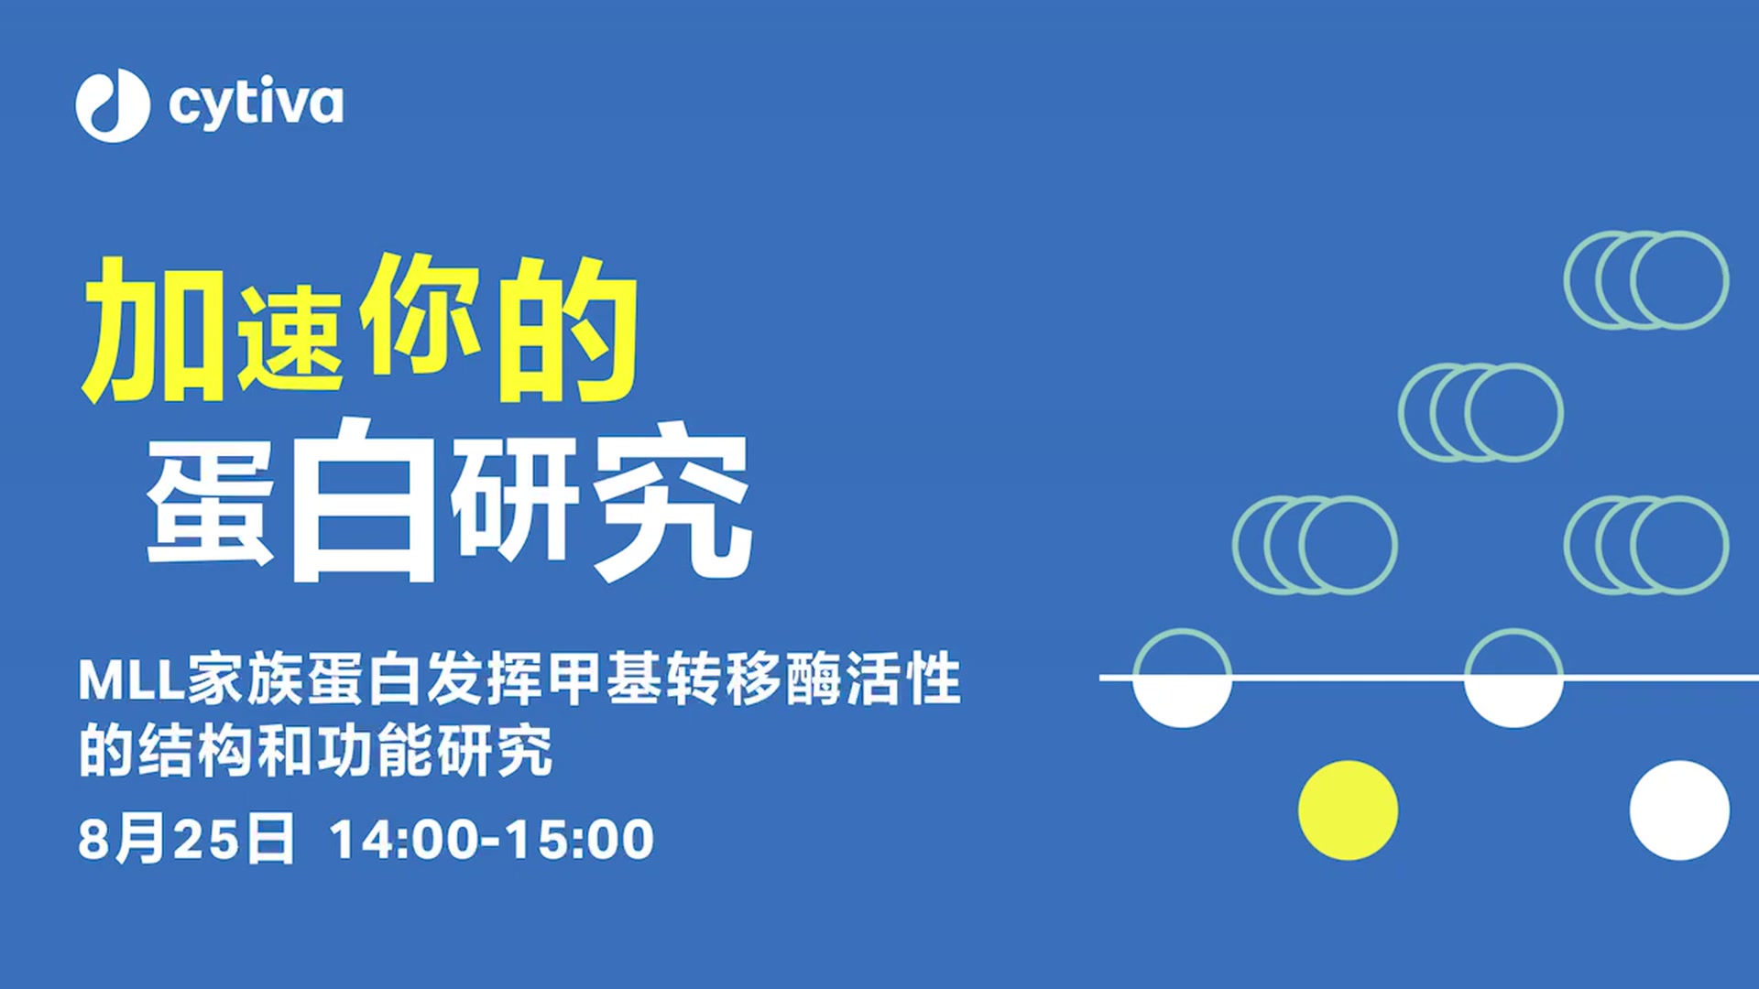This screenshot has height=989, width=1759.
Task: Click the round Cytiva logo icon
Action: click(x=113, y=105)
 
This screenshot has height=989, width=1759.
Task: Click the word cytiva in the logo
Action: click(x=256, y=103)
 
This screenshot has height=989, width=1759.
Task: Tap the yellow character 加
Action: click(x=153, y=331)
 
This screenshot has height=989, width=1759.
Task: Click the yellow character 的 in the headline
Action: click(x=567, y=330)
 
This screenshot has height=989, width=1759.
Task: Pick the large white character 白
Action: click(x=363, y=500)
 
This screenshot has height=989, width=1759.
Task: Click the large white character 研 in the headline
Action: click(x=515, y=499)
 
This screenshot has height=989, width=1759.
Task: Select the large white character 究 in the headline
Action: click(x=672, y=500)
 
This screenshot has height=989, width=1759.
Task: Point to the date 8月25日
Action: click(x=186, y=838)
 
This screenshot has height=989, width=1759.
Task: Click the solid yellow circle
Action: click(x=1348, y=810)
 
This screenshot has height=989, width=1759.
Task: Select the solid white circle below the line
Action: click(x=1679, y=810)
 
